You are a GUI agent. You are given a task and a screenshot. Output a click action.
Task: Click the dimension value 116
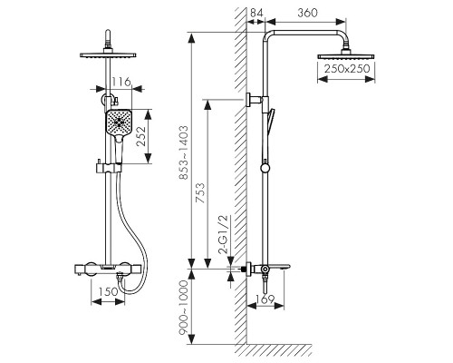pos(121,82)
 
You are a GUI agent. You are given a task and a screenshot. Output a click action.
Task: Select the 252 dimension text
pos(141,136)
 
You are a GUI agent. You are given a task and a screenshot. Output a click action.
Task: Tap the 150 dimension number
pos(109,291)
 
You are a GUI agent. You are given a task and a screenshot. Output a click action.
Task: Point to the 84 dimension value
pos(257,13)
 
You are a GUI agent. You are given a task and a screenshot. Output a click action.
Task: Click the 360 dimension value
pos(307,13)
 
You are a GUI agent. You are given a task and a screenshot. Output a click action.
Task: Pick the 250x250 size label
pos(347,69)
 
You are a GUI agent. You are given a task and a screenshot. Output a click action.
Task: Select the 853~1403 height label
pos(183,152)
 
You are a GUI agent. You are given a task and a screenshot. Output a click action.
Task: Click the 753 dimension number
pos(200,192)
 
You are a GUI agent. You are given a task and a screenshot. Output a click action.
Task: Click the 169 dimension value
pos(265,299)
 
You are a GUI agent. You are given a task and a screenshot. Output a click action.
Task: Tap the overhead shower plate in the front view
pos(108,55)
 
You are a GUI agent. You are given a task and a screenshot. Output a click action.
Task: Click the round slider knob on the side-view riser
pos(265,168)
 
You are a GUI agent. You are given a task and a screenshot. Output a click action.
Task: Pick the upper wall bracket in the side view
pos(255,100)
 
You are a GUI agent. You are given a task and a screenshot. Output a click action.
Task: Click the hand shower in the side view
pos(270,121)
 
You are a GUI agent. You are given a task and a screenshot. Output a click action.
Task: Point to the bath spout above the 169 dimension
pos(279,267)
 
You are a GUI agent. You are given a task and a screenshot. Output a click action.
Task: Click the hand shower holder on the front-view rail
pos(109,167)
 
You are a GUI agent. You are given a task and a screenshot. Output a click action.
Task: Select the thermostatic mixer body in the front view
pos(108,270)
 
